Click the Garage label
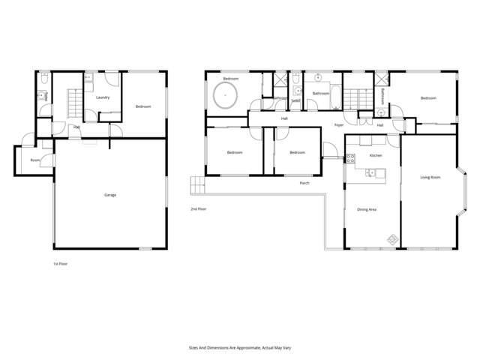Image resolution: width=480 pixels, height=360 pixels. point(110,195)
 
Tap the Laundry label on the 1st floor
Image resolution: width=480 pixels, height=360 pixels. point(103,97)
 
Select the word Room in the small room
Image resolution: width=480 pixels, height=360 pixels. point(35,160)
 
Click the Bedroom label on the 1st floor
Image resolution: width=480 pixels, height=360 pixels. point(142,106)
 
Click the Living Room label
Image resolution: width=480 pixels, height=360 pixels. point(430,178)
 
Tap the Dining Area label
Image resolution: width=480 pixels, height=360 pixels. point(367,209)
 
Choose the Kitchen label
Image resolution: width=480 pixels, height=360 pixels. point(376,155)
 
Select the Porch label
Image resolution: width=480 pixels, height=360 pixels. point(304,183)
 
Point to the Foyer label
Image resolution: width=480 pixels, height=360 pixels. point(339,125)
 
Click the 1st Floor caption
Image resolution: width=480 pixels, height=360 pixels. point(60,263)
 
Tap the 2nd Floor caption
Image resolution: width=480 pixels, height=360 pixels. point(199,209)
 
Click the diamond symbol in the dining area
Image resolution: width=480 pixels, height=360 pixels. point(391,239)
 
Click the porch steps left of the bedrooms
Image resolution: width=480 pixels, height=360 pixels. point(197,184)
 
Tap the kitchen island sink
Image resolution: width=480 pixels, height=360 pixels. point(370,173)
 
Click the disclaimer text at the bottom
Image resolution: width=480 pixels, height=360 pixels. point(239,347)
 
